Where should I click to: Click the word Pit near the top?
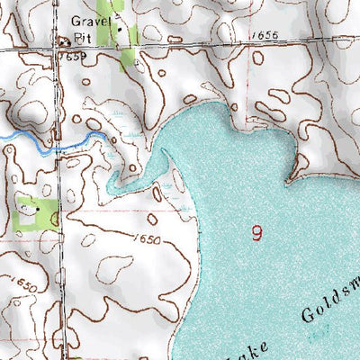pos(84,38)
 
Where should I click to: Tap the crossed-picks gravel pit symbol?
pos(64,40)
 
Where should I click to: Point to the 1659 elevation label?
pos(75,56)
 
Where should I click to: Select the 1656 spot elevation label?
pos(266,34)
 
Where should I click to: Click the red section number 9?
pos(258,233)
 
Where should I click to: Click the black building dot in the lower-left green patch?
pos(38,209)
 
